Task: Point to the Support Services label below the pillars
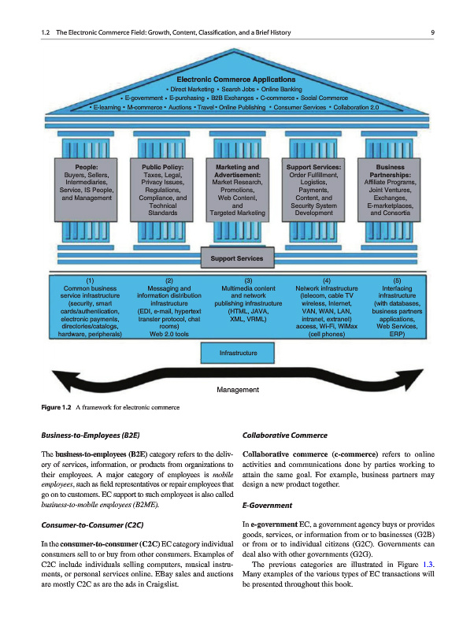237,258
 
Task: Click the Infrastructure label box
237,354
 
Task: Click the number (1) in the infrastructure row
91,281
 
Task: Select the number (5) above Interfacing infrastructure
397,281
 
